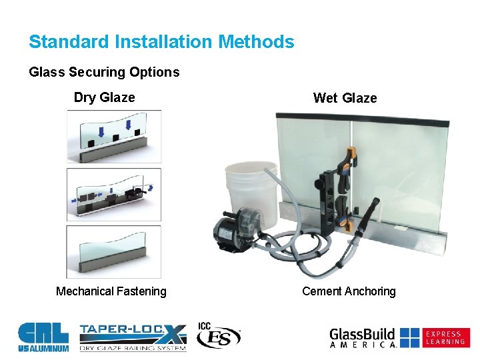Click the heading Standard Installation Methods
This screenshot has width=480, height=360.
tap(161, 42)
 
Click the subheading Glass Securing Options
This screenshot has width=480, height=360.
tap(104, 72)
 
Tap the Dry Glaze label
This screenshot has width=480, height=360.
tap(104, 98)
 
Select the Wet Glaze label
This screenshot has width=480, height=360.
tap(345, 99)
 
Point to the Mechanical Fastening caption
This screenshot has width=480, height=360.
tap(111, 291)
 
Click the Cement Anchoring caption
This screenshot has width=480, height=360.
tap(349, 291)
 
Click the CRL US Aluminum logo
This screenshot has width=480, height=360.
tap(43, 337)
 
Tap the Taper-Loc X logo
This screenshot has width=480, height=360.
tap(133, 337)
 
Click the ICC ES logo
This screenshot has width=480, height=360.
tap(218, 337)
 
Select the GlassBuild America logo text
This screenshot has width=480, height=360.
tap(363, 337)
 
